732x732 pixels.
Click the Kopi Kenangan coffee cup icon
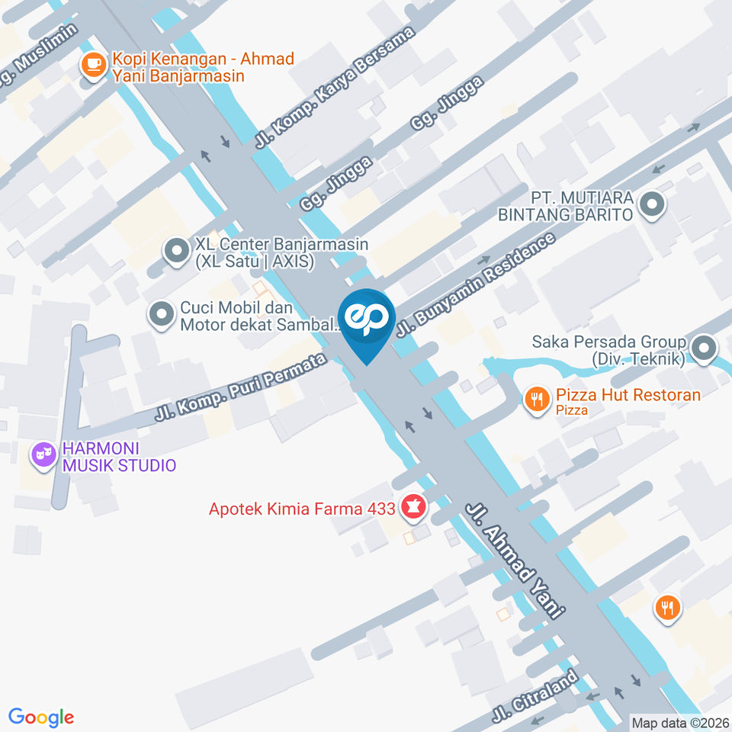95,66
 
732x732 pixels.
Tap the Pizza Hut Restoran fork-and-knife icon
538,398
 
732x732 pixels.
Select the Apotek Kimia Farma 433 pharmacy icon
414,507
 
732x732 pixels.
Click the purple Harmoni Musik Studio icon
43,456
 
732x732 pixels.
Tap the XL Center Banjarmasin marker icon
177,251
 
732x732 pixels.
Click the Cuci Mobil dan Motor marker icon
162,315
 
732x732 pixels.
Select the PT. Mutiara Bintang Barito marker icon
651,204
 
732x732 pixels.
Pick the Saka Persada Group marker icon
703,348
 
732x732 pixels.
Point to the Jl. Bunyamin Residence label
477,285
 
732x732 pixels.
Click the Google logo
41,718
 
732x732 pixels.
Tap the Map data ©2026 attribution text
679,721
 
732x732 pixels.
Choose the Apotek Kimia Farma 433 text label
302,508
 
